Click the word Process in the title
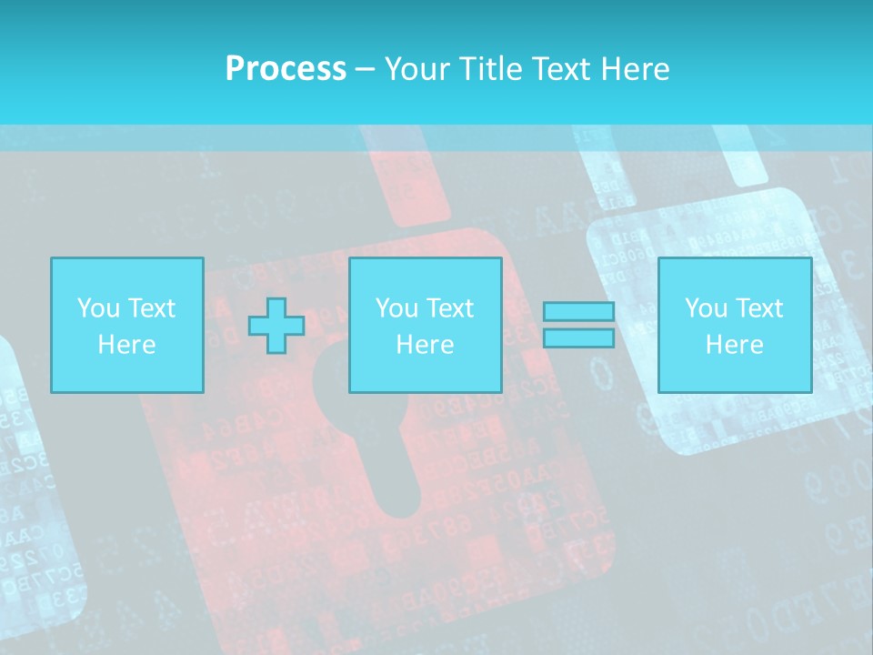click(286, 68)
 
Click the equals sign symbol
click(578, 325)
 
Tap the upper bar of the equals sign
click(578, 312)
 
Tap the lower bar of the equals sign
click(578, 338)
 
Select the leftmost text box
click(126, 325)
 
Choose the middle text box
click(425, 325)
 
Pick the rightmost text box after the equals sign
click(734, 325)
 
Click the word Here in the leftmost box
click(126, 344)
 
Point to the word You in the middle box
click(396, 307)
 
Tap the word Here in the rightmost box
click(734, 344)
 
